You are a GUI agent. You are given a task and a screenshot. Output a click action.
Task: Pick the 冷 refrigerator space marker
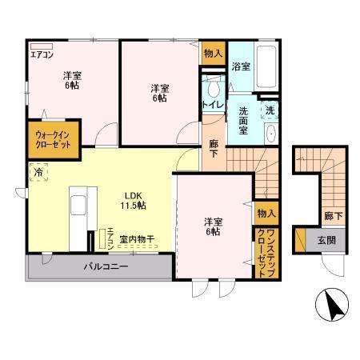pos(38,170)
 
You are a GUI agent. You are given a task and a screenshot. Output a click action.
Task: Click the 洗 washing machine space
pos(270,110)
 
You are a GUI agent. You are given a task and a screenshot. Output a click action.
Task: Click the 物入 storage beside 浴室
pos(213,53)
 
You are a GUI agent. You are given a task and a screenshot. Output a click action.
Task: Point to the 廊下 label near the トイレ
pos(214,149)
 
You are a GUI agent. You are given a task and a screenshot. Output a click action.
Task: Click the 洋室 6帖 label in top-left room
pos(72,81)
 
